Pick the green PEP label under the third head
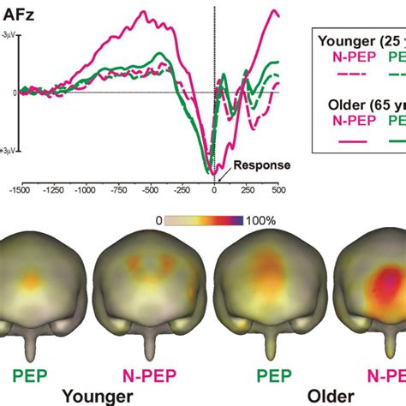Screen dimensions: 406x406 pyautogui.click(x=247, y=374)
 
